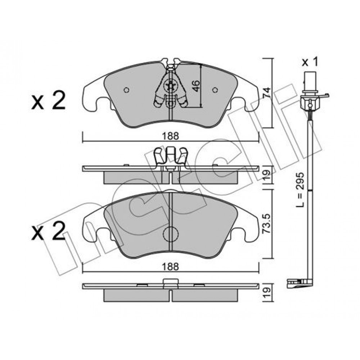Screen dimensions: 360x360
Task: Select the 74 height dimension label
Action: (267, 93)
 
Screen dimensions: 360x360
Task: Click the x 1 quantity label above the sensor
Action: (310, 62)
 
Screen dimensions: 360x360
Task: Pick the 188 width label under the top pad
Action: (170, 136)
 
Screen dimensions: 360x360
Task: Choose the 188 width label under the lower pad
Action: (170, 267)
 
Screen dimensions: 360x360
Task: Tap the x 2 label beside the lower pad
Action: (49, 231)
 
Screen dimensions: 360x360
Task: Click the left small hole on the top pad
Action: (126, 90)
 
